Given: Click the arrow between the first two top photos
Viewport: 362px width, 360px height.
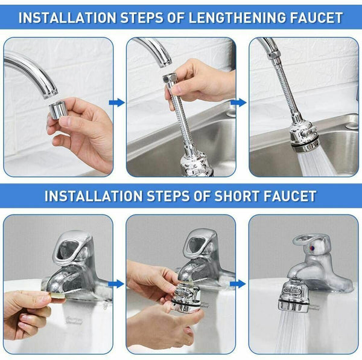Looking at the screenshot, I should tap(118, 103).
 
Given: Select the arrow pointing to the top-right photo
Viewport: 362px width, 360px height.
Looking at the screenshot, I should tap(240, 103).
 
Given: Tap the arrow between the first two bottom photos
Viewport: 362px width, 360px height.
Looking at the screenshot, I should tap(118, 283).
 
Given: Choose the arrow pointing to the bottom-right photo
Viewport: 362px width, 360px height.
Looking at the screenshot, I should tap(240, 283).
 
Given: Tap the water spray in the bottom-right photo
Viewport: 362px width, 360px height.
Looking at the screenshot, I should tap(293, 335).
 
